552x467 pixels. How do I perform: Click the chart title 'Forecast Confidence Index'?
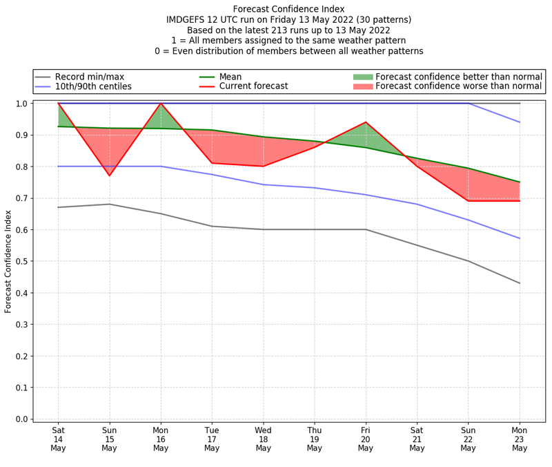click(289, 9)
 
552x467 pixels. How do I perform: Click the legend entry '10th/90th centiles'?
click(93, 86)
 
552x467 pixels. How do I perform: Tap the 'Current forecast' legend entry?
click(253, 86)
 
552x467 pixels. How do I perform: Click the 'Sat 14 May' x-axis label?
click(58, 439)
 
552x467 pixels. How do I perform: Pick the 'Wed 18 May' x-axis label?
click(263, 439)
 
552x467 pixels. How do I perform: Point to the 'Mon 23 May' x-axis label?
click(520, 439)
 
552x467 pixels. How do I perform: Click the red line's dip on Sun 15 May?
click(109, 175)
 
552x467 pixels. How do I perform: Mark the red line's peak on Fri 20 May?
click(366, 122)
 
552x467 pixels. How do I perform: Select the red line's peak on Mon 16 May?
click(161, 104)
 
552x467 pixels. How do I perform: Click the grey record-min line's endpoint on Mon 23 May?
click(520, 283)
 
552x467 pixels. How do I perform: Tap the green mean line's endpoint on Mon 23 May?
click(520, 182)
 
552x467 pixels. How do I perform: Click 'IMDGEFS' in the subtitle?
click(187, 20)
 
